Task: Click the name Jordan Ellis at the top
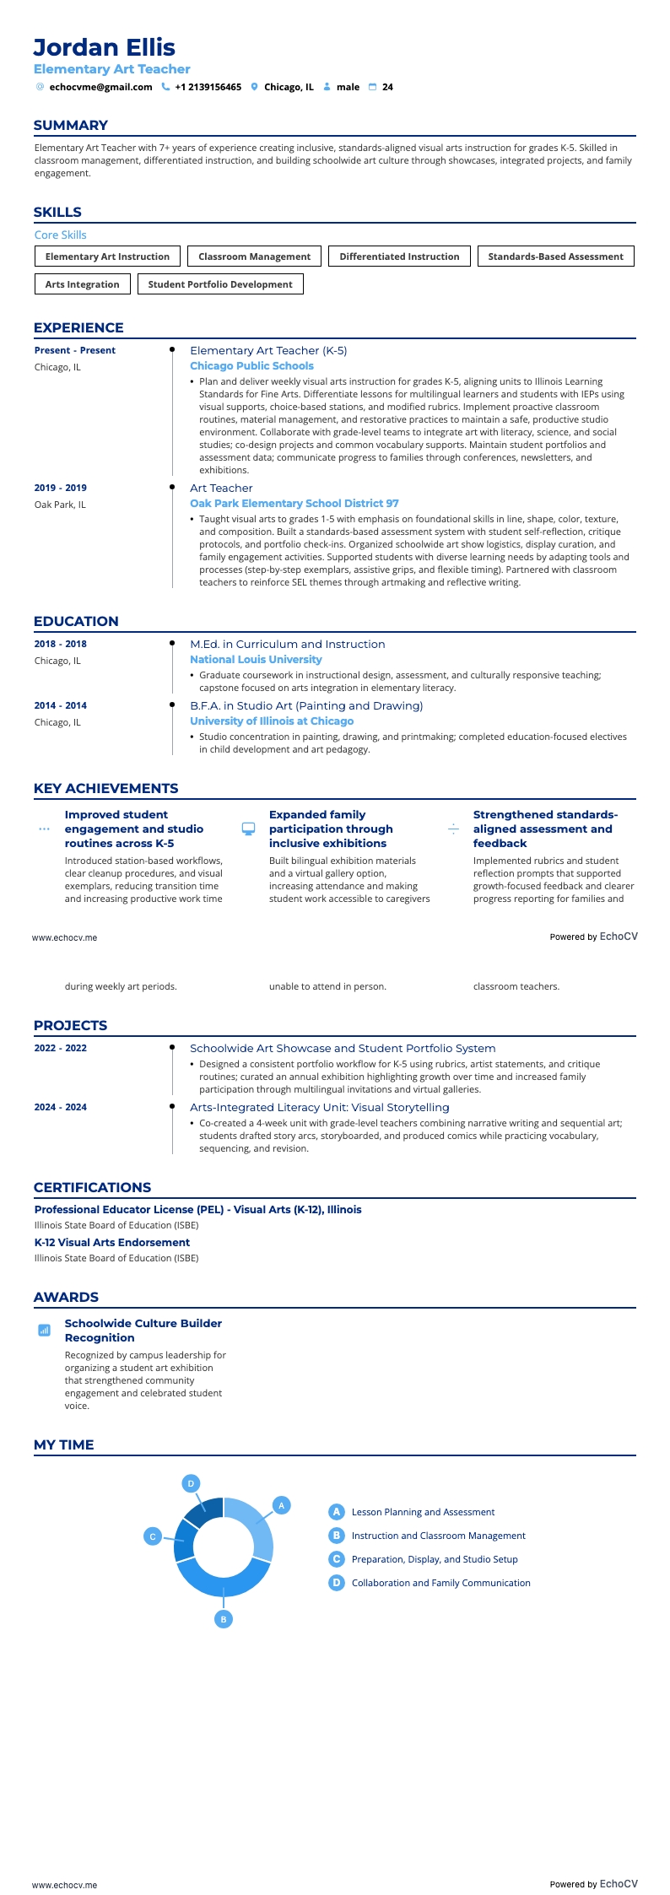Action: point(105,47)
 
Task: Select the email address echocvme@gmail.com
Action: point(100,87)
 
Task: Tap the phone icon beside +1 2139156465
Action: point(165,87)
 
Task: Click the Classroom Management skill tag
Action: point(254,256)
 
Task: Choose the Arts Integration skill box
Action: point(82,284)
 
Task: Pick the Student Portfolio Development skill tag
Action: point(220,284)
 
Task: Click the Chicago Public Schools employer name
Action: point(251,366)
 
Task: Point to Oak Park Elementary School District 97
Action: point(294,504)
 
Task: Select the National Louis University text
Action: point(256,660)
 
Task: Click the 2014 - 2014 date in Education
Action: point(61,705)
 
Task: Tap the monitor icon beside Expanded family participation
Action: point(248,829)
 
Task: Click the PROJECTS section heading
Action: point(71,1025)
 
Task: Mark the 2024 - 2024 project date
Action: point(61,1107)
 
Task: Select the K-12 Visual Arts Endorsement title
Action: point(112,1242)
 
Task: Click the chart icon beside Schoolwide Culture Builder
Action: point(45,1330)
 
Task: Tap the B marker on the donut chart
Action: point(224,1619)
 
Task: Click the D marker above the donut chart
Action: point(192,1483)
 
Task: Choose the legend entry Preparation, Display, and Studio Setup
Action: point(435,1559)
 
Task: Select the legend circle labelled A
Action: point(337,1512)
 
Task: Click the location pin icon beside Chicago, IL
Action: point(254,87)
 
